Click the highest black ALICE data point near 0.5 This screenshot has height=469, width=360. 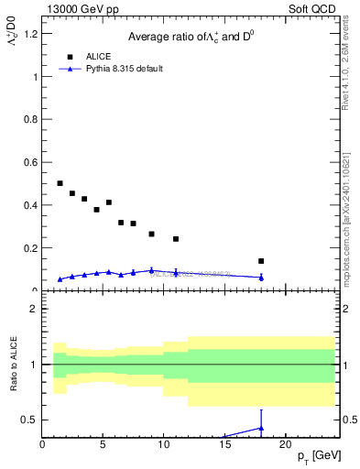[60, 183]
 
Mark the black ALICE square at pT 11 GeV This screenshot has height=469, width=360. [176, 239]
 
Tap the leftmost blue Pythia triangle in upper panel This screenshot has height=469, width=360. [60, 279]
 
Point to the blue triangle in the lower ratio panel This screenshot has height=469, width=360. [261, 428]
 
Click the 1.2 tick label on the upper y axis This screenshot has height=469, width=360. [31, 34]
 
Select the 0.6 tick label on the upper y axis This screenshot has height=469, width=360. [31, 163]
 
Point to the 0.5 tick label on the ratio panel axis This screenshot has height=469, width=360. [31, 420]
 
